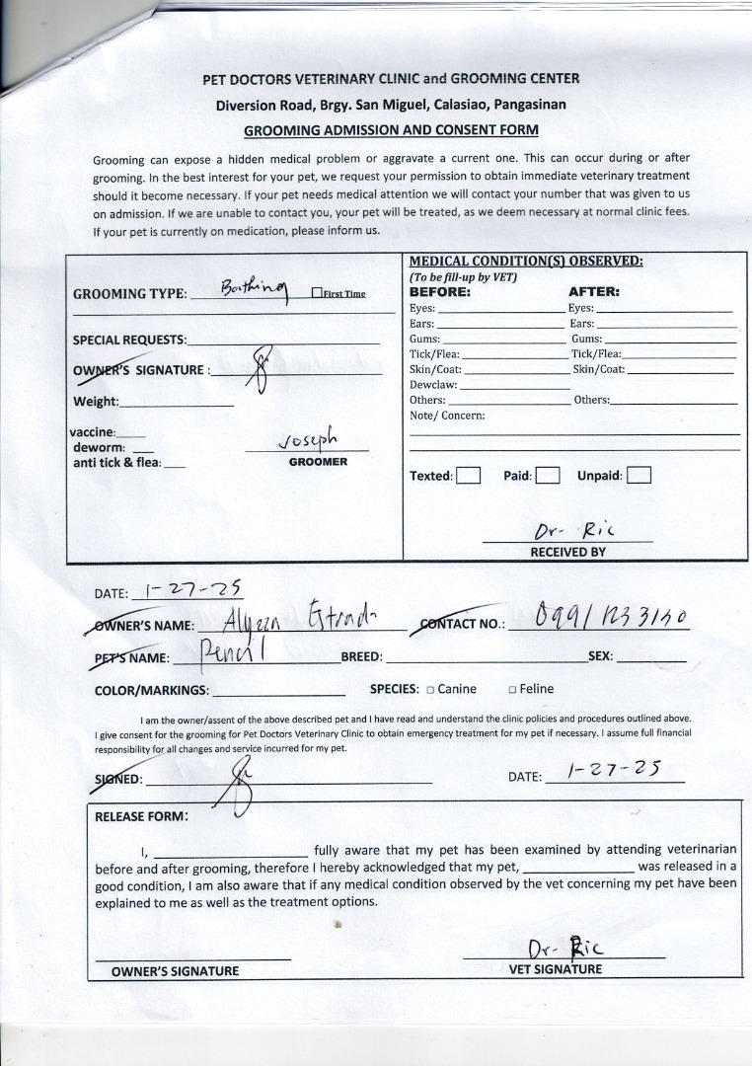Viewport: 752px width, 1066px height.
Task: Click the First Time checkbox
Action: tap(317, 293)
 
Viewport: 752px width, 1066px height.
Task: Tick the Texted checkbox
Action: tap(468, 476)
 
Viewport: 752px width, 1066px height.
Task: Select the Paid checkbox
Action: tap(548, 476)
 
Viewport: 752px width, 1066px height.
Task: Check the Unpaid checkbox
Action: tap(639, 476)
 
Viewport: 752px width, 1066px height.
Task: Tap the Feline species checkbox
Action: tap(512, 690)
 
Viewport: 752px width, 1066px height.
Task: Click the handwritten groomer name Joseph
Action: tap(308, 439)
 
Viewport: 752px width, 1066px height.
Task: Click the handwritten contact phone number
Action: tap(610, 619)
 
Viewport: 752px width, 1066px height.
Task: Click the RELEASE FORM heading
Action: tap(142, 816)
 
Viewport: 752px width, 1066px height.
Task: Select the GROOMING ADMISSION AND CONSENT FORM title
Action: tap(391, 130)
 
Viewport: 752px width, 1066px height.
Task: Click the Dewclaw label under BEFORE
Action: tap(433, 385)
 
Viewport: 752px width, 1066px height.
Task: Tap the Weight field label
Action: tap(96, 402)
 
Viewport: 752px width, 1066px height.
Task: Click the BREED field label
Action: tap(361, 656)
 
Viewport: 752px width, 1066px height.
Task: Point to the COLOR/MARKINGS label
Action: tap(151, 691)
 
